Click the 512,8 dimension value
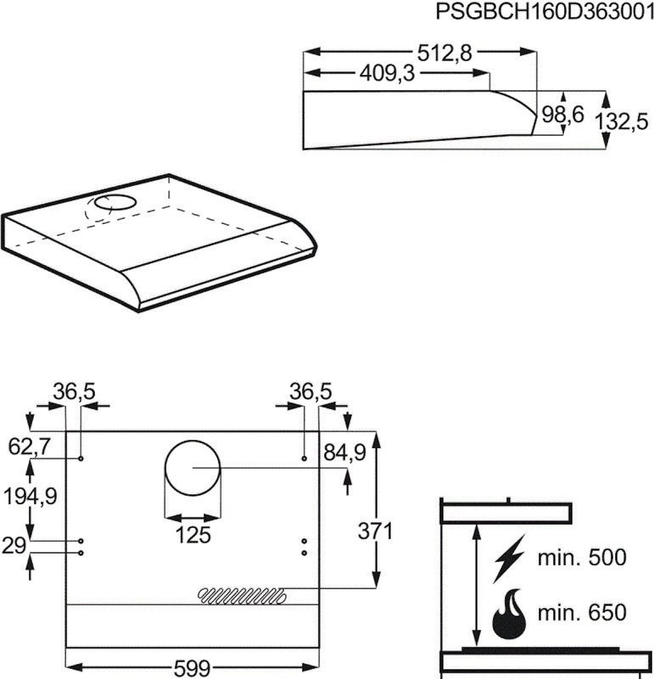pos(444,53)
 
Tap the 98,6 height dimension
pos(563,115)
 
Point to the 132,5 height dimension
pos(621,122)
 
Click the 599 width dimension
pos(192,667)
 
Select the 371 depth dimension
pos(375,531)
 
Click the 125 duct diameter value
pos(193,535)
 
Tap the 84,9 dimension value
pos(344,453)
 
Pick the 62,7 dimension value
pos(29,448)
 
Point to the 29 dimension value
pos(14,546)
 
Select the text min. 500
pos(582,558)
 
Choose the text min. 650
pos(582,613)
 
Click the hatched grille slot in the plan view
pos(242,596)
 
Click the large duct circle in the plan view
pos(193,468)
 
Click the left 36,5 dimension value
pos(74,392)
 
